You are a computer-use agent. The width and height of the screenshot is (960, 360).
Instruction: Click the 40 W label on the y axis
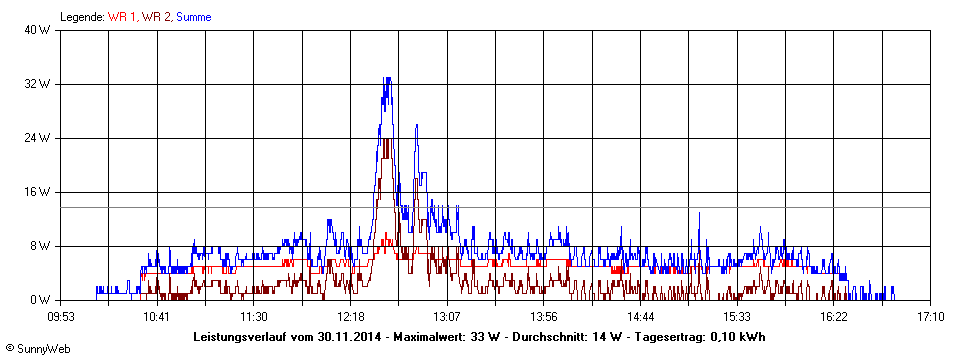click(x=38, y=30)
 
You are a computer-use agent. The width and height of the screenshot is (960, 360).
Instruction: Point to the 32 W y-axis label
click(x=38, y=84)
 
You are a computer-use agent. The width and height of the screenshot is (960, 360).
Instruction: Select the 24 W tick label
click(x=38, y=138)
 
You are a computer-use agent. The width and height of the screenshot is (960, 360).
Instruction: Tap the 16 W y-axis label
click(x=38, y=192)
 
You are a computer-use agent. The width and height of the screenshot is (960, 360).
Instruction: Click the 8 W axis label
click(x=41, y=246)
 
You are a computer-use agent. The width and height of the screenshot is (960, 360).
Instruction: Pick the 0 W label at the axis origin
click(x=41, y=300)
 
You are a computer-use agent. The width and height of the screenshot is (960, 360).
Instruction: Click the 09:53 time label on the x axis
click(x=61, y=317)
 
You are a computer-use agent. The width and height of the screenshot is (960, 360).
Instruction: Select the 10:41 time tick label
click(x=157, y=317)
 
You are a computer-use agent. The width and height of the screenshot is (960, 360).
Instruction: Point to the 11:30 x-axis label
click(x=254, y=317)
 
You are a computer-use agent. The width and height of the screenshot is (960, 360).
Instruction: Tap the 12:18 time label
click(x=351, y=317)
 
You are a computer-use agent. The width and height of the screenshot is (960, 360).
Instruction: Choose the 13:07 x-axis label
click(x=447, y=317)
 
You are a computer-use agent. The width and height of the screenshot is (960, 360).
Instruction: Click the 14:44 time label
click(x=641, y=317)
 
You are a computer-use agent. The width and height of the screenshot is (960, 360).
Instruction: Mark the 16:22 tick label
click(x=834, y=317)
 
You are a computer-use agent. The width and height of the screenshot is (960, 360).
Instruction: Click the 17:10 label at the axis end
click(x=930, y=317)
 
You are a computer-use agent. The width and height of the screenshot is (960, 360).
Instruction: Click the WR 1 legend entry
click(x=124, y=17)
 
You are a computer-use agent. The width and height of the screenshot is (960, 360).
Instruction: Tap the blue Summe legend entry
click(x=193, y=17)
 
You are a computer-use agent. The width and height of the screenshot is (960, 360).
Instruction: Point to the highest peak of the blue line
click(x=387, y=78)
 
